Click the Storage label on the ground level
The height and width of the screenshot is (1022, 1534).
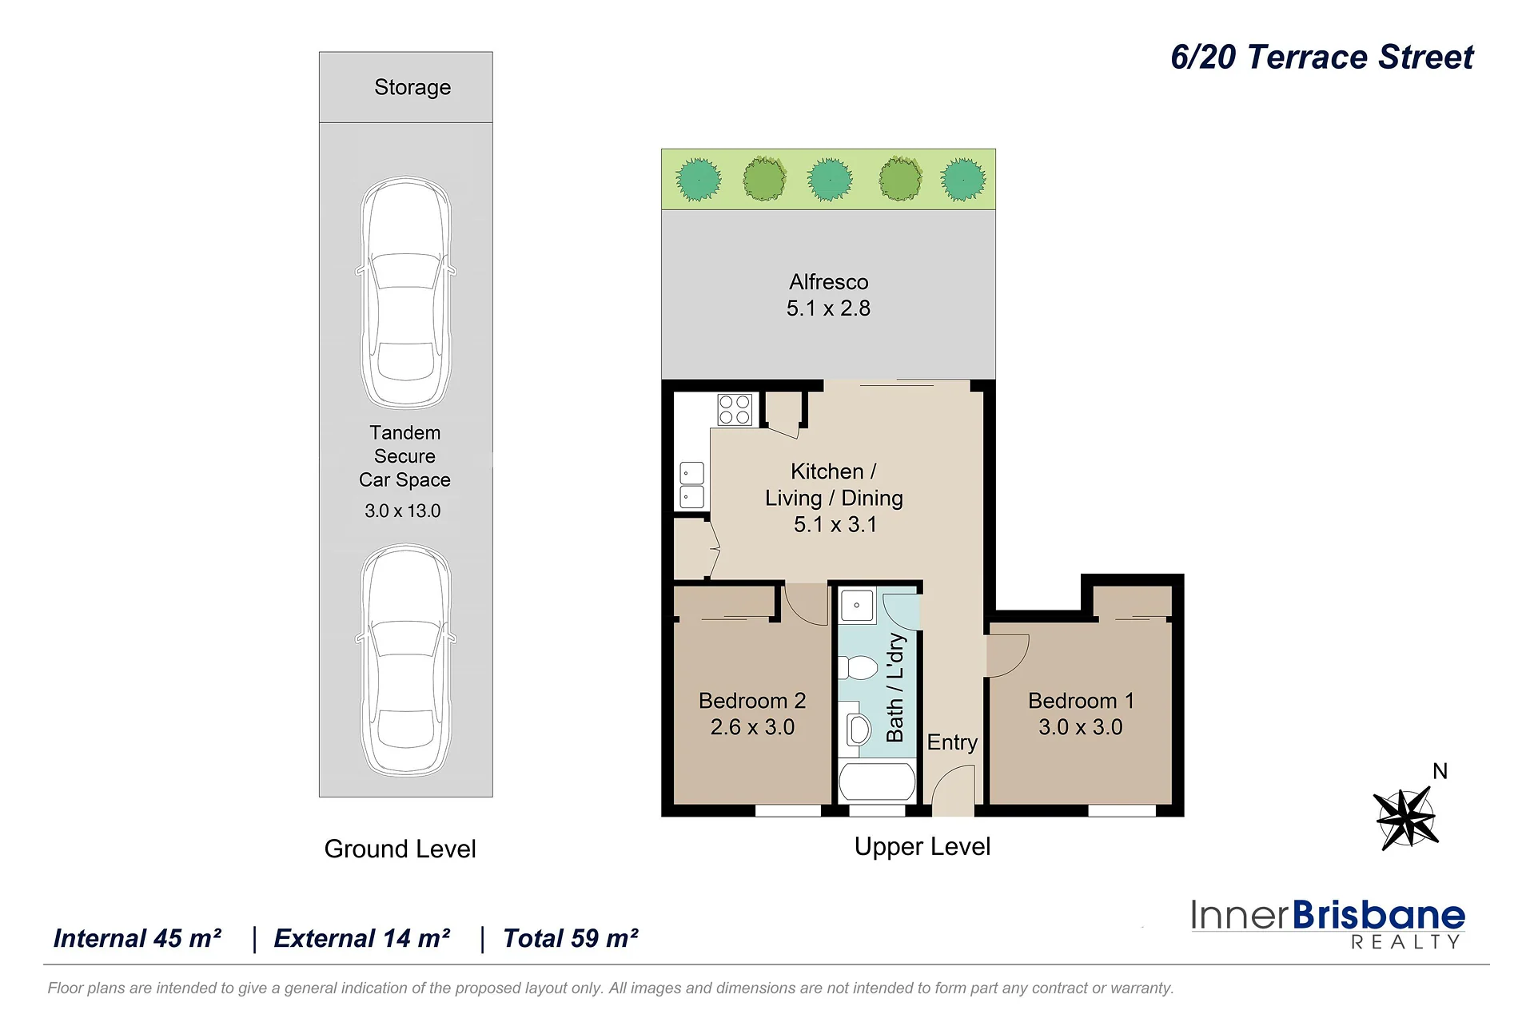(x=412, y=87)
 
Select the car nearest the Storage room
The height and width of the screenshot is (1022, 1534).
(x=406, y=292)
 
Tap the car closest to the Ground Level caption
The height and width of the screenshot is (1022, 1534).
(x=406, y=660)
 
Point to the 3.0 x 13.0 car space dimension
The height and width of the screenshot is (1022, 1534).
(x=403, y=511)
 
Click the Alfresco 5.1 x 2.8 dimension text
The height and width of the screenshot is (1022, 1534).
(x=828, y=308)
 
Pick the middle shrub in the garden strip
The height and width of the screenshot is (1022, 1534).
(x=830, y=179)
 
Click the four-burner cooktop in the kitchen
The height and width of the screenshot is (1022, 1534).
(x=735, y=410)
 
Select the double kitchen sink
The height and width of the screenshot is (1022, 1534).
(x=691, y=485)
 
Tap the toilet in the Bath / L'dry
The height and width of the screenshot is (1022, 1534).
(x=858, y=667)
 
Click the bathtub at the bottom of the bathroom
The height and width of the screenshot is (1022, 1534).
(x=877, y=781)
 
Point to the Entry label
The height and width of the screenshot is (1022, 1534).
(x=952, y=742)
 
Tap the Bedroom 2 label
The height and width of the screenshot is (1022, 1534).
(x=752, y=701)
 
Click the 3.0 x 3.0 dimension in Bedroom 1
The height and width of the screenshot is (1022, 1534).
(x=1081, y=727)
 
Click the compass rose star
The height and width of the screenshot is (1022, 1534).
(x=1406, y=818)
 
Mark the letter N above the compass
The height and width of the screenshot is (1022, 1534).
(x=1440, y=771)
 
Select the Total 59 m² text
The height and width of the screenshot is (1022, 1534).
(x=570, y=938)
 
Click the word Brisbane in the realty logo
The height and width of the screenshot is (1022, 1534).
(x=1378, y=916)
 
